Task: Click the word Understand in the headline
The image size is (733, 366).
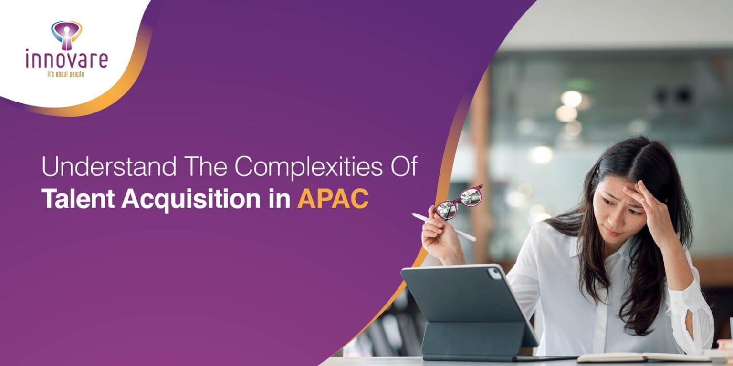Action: tap(109, 166)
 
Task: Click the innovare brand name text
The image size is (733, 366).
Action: tap(67, 59)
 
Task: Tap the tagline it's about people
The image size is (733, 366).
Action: tap(66, 74)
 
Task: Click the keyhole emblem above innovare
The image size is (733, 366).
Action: tap(67, 35)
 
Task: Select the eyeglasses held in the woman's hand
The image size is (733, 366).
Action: tap(458, 202)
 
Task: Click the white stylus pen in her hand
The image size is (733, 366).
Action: tap(444, 227)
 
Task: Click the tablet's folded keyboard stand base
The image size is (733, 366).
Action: tap(474, 340)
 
